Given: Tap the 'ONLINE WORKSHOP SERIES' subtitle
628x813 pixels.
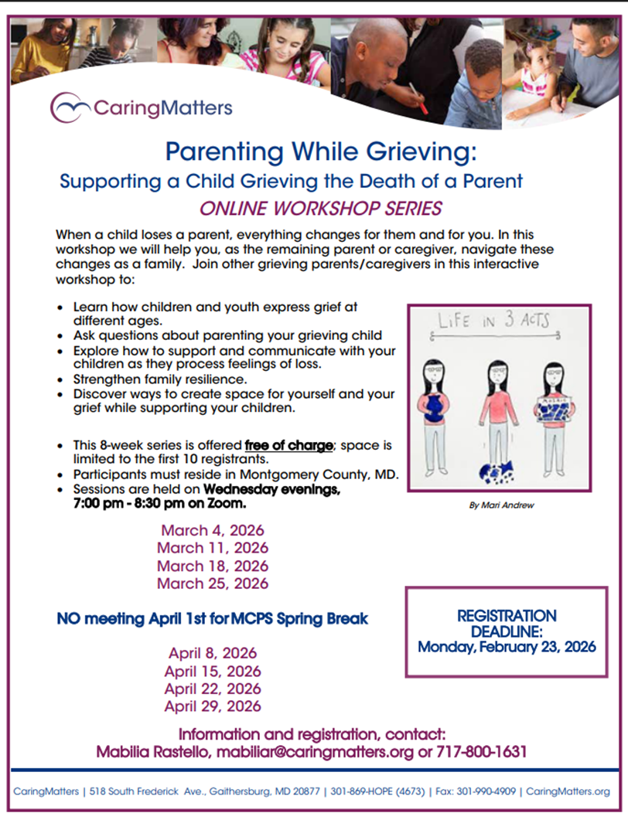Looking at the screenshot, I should click(x=320, y=208).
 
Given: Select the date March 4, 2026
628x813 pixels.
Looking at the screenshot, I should click(x=213, y=531).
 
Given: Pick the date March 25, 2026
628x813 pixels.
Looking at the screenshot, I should click(x=213, y=583).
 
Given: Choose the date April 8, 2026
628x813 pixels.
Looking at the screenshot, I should click(x=213, y=653).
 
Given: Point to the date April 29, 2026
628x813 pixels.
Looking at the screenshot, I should click(x=213, y=706).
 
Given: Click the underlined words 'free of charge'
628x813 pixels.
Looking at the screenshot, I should click(x=289, y=445).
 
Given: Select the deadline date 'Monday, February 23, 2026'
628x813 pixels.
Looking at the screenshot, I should click(x=507, y=647).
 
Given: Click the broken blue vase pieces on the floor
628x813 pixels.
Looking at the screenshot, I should click(x=495, y=470).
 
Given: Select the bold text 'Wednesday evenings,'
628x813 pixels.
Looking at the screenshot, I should click(x=272, y=490).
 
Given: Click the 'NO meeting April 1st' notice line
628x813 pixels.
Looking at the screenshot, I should click(x=213, y=619).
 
